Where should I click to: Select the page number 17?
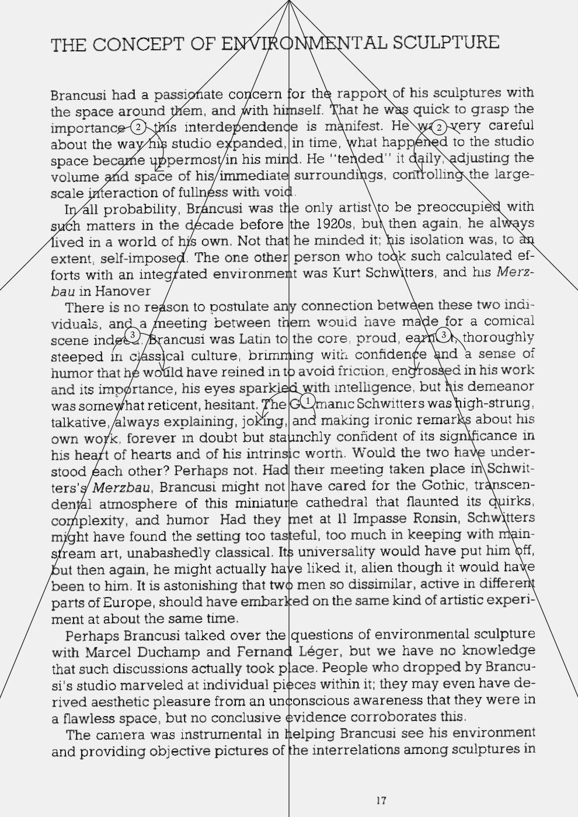[381, 801]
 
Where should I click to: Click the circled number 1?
[308, 401]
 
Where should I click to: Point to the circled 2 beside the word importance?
[138, 127]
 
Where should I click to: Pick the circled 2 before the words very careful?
[439, 127]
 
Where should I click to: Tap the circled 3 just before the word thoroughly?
[444, 335]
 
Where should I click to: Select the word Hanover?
[123, 291]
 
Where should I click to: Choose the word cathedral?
[337, 502]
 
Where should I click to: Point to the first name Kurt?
[346, 273]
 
